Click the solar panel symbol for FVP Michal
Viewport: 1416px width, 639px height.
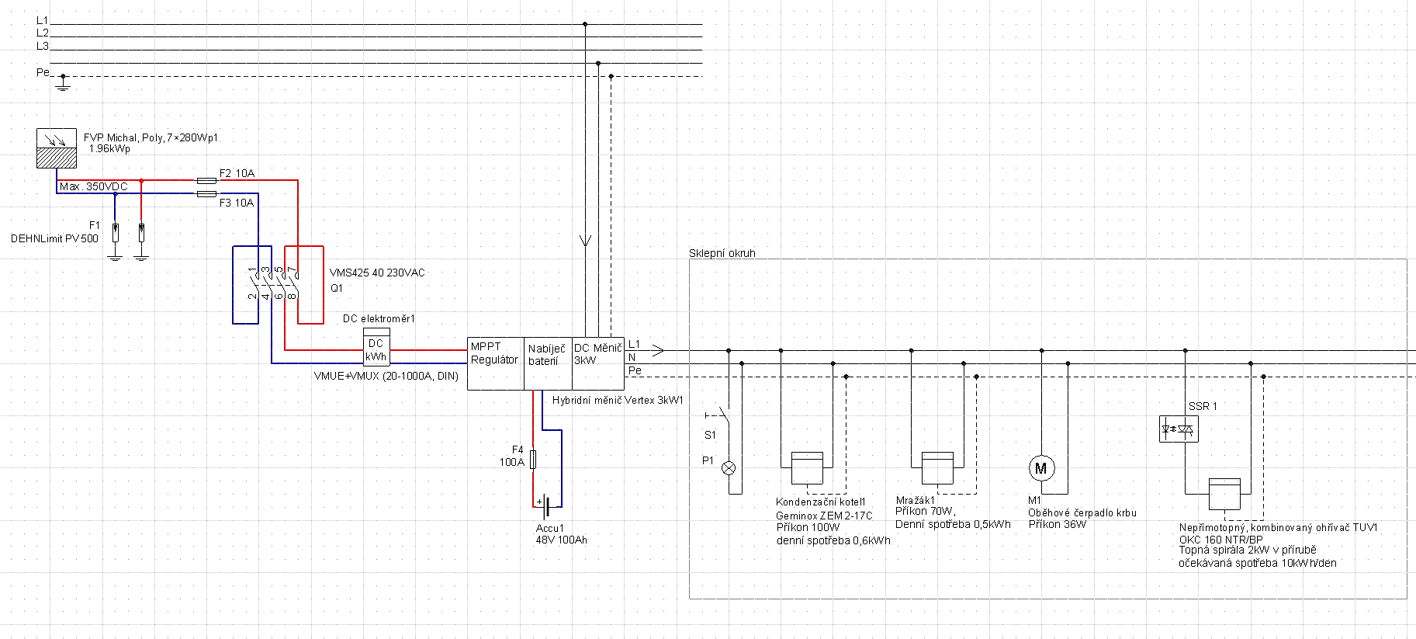pos(57,148)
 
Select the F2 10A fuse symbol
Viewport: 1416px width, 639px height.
pos(206,180)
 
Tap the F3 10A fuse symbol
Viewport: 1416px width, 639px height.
pos(206,193)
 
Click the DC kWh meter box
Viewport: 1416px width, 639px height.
pos(376,350)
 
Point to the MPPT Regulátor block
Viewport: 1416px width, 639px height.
pos(496,363)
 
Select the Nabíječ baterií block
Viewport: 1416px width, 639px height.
pos(549,363)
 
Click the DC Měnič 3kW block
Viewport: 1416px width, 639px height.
pos(598,363)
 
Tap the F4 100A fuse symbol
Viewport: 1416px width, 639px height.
pos(533,460)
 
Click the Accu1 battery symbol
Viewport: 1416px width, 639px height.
pos(548,506)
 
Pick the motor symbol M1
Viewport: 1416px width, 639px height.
pos(1041,468)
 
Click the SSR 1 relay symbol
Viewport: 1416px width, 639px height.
pos(1179,429)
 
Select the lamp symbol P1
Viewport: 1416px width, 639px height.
pos(729,468)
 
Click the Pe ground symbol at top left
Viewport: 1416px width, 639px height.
pos(64,82)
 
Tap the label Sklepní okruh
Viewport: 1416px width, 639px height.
pos(722,253)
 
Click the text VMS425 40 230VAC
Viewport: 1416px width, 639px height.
pos(377,273)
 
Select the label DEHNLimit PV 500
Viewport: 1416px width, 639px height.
pos(54,238)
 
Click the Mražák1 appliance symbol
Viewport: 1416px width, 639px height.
pos(937,468)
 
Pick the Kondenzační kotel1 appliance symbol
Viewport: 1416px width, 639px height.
pos(807,468)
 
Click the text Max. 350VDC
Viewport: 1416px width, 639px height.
pos(93,186)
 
